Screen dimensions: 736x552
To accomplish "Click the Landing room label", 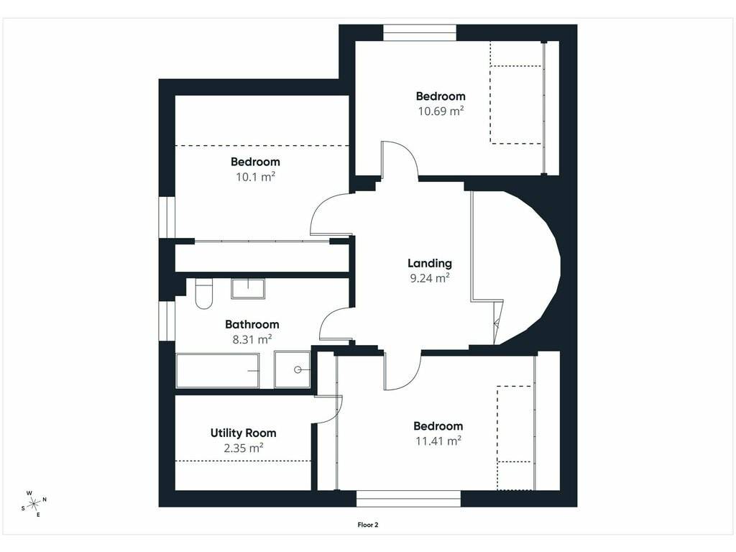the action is click(x=430, y=264).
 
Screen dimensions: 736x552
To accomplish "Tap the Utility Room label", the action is click(x=243, y=433).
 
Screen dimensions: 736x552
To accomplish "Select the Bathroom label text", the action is click(x=252, y=324).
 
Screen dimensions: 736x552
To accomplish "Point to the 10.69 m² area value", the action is click(x=441, y=111).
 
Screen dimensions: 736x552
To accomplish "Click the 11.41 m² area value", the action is click(x=438, y=441).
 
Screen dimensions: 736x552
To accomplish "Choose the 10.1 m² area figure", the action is click(x=255, y=177).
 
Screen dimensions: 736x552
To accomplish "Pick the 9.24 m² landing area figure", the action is click(x=430, y=278).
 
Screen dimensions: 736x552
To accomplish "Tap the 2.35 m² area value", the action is click(x=243, y=448).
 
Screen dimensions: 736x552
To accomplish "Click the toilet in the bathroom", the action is click(x=203, y=294).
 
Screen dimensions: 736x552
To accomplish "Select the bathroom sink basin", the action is click(x=248, y=289).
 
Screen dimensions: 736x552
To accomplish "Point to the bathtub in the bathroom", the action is click(x=217, y=371).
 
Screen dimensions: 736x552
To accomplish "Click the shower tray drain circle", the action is click(x=298, y=370).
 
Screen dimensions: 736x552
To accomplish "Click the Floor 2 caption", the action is click(x=368, y=525).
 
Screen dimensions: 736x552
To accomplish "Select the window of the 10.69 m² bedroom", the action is click(x=420, y=33).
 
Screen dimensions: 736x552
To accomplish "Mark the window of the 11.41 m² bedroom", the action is click(x=408, y=499).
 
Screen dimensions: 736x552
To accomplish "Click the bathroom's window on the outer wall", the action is click(x=167, y=321).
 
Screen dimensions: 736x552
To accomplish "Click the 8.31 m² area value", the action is click(x=252, y=339).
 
